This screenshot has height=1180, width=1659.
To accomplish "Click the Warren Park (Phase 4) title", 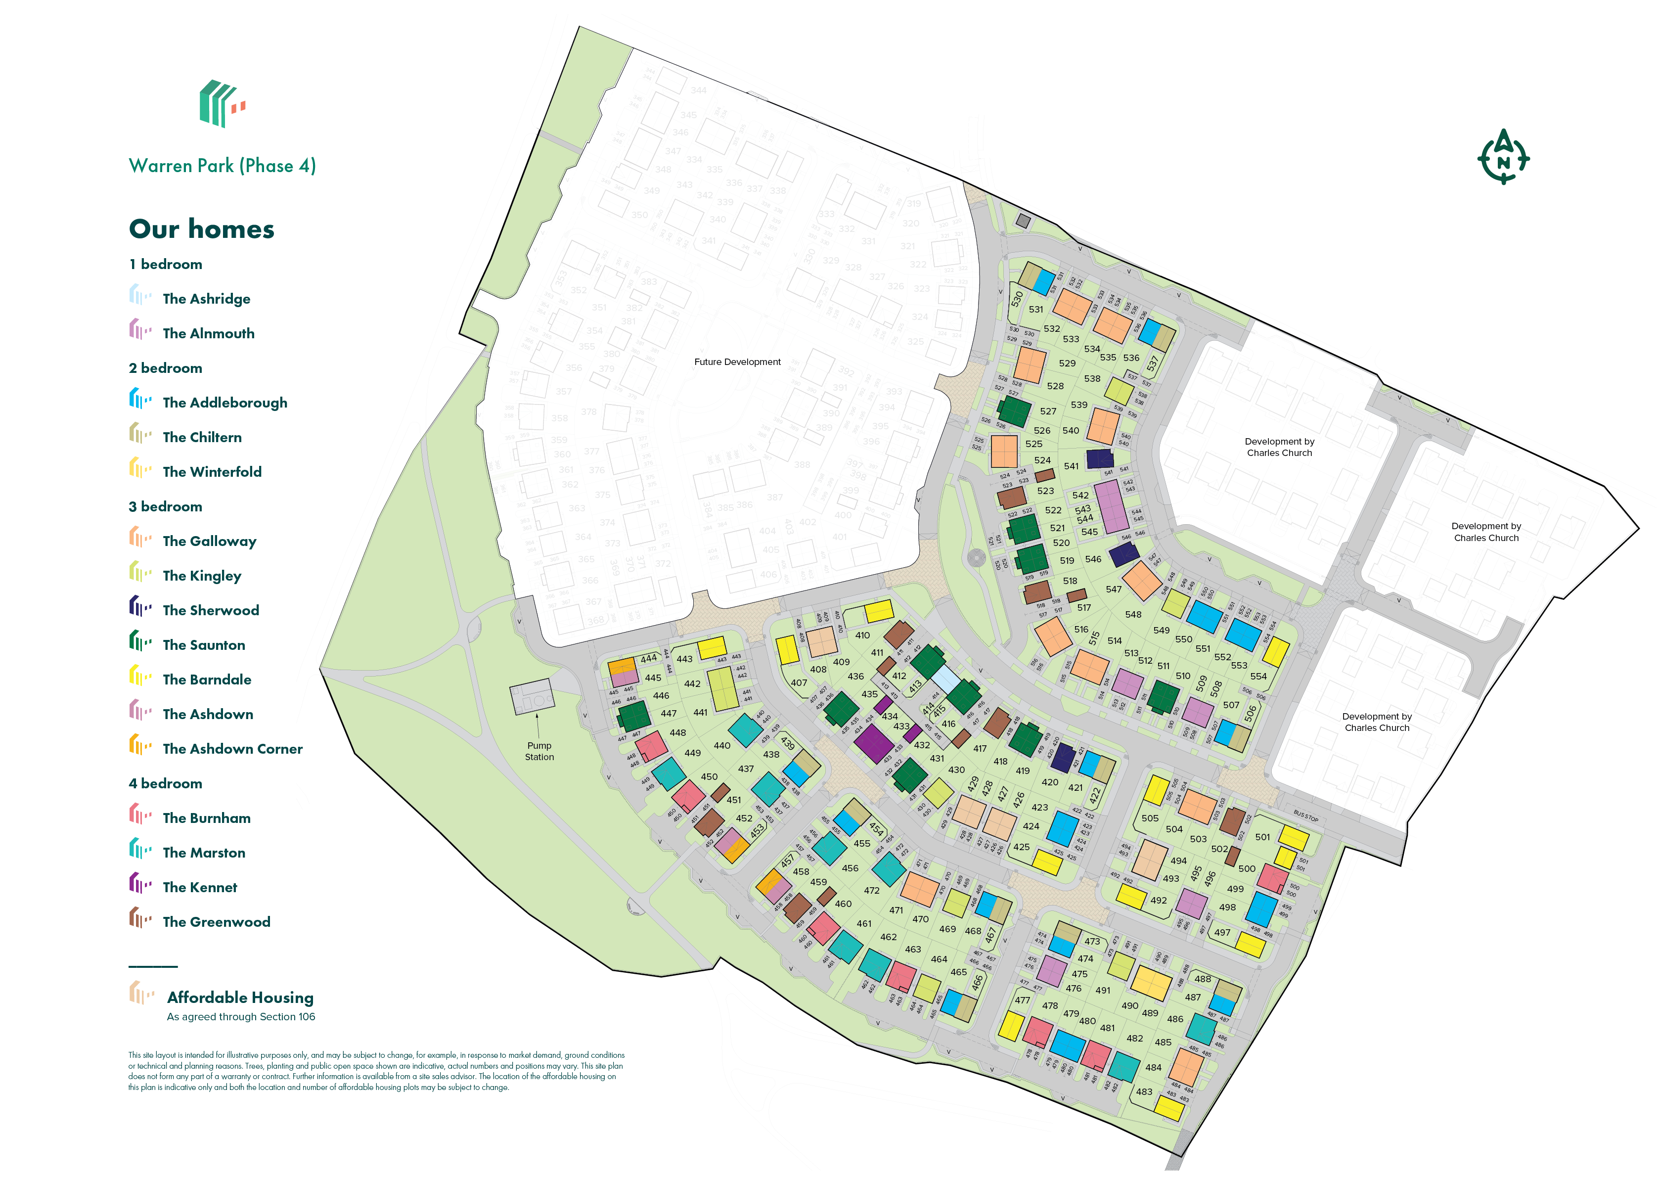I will pos(222,166).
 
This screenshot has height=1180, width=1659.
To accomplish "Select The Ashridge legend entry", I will pos(206,299).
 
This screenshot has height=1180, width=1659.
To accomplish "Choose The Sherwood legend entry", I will pos(210,610).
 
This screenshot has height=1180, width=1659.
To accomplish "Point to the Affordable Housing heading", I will pos(240,998).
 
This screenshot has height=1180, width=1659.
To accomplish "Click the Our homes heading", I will pos(201,229).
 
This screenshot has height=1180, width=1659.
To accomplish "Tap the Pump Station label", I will pos(539,751).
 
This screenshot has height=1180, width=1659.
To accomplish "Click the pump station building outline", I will pos(532,696).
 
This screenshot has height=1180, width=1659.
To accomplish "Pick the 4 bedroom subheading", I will pos(166,783).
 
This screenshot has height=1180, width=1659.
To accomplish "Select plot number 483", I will pos(1144,1091).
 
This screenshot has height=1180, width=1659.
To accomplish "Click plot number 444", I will pos(649,658).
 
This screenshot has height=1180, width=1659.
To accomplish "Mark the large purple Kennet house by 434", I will pos(873,743).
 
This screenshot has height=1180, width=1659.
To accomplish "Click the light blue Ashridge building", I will pos(946,679).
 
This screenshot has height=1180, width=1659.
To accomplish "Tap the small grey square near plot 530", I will pos(1023,221).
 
